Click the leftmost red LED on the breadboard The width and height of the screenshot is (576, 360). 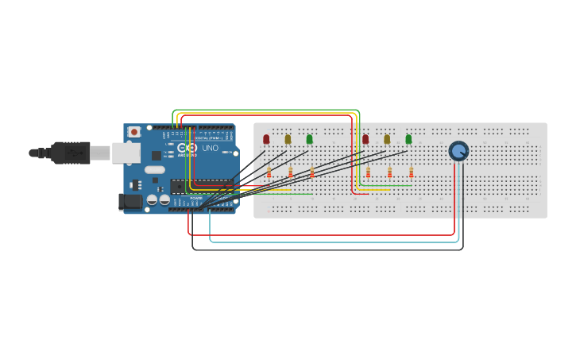pos(266,139)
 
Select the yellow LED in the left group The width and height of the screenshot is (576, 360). pos(288,139)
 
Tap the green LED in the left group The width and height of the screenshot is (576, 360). pos(309,139)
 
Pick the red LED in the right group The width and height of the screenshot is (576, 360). pos(365,139)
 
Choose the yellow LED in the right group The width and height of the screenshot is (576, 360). pos(387,139)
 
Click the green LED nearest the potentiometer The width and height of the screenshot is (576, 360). pos(408,139)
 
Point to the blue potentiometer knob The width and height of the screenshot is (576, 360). pos(458,151)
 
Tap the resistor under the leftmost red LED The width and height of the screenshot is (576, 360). pos(269,172)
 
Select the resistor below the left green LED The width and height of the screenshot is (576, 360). pos(312,172)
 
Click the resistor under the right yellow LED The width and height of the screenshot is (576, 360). pos(389,172)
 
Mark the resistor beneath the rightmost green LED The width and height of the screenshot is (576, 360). pos(411,172)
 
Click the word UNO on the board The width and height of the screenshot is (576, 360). pos(210,148)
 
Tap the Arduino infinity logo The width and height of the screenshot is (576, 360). pos(187,148)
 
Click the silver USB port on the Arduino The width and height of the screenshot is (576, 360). pos(126,153)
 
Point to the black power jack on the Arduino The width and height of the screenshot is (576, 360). pos(130,202)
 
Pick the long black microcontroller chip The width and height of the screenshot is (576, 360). pos(202,186)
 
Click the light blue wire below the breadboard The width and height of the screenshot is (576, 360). pos(334,242)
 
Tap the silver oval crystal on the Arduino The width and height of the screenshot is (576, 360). pos(155,169)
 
